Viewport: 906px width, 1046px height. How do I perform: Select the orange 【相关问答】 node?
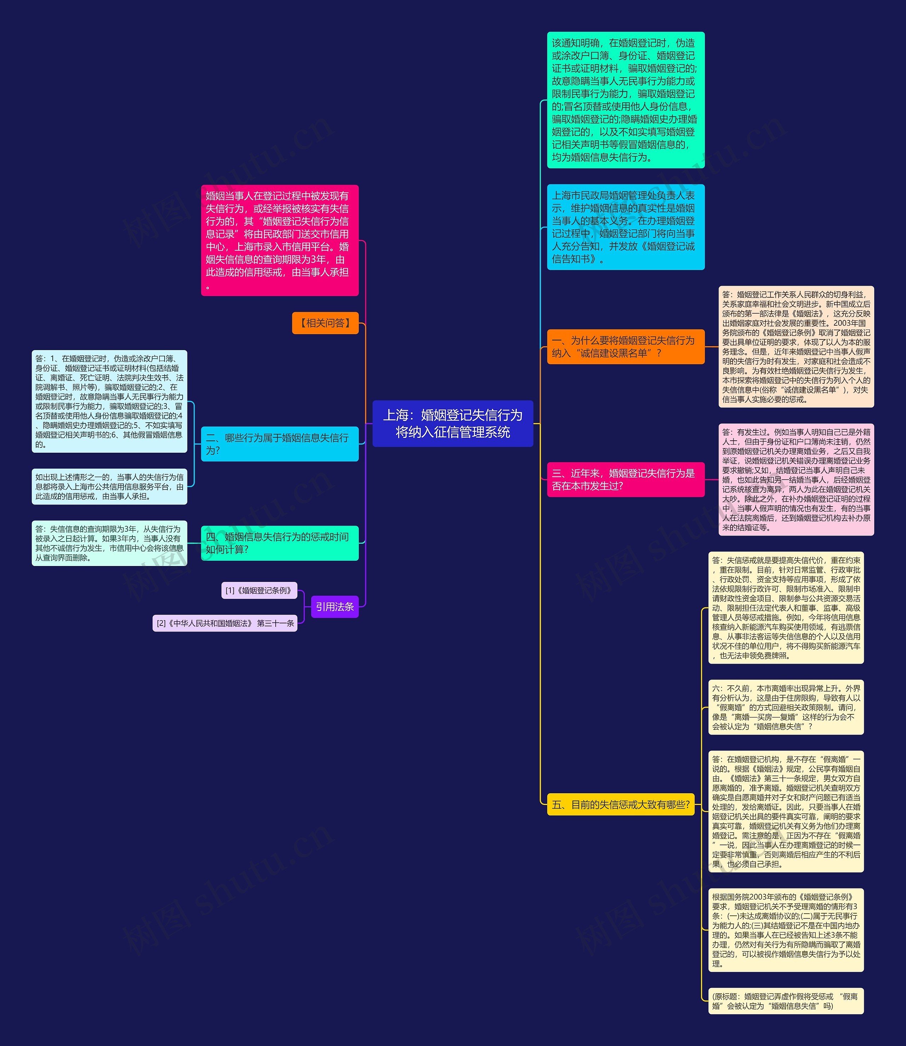pos(325,323)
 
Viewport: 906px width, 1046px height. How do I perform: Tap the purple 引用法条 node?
pos(335,607)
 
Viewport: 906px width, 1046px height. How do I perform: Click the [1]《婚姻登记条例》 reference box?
pos(259,590)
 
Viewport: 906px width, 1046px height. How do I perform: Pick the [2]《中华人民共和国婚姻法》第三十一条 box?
pos(225,623)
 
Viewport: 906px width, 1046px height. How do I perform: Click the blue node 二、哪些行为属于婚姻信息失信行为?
pos(280,444)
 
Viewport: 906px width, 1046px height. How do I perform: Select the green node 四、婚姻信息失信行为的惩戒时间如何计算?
pos(280,543)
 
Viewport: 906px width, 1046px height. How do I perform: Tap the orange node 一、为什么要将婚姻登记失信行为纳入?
pos(625,347)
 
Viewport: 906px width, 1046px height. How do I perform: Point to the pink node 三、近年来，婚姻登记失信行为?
pos(625,479)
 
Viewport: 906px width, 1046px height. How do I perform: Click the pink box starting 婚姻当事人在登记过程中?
pos(280,240)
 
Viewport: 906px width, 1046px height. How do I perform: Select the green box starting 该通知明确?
pos(625,100)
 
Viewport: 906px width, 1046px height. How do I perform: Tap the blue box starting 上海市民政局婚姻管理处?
pos(625,227)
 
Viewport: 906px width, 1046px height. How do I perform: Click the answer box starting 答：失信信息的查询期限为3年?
pos(109,543)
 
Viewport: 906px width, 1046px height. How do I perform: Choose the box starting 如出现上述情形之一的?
pos(109,486)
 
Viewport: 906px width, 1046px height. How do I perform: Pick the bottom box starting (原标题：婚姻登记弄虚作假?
pos(786,1001)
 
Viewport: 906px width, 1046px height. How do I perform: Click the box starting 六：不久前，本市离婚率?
pos(786,707)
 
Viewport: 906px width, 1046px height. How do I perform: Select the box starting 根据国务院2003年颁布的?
pos(786,930)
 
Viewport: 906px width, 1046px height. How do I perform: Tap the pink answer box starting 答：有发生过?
pos(796,480)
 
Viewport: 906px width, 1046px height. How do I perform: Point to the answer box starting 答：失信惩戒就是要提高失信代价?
pos(786,608)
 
